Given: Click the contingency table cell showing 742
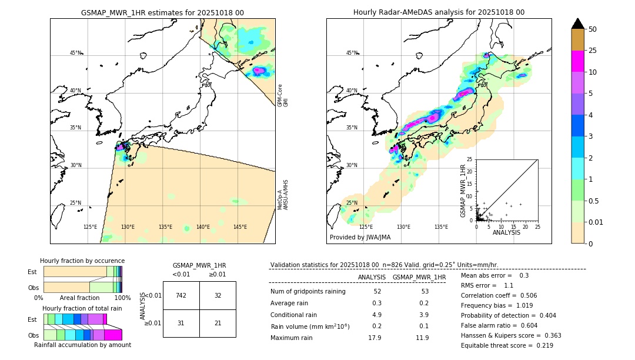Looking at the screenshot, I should pyautogui.click(x=181, y=295).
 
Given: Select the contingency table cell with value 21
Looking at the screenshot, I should pyautogui.click(x=218, y=323).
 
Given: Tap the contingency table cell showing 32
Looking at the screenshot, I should pyautogui.click(x=218, y=295).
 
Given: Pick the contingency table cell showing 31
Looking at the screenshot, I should pyautogui.click(x=181, y=323).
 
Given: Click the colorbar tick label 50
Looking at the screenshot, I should pyautogui.click(x=593, y=29).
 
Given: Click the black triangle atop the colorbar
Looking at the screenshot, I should pyautogui.click(x=578, y=24).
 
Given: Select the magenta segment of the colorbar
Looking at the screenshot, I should pyautogui.click(x=578, y=61).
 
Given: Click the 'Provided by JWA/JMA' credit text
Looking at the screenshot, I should pyautogui.click(x=360, y=237).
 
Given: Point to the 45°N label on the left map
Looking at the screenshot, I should pyautogui.click(x=75, y=53).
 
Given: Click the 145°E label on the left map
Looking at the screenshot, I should pyautogui.click(x=240, y=227).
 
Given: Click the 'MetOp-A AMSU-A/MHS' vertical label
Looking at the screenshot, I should pyautogui.click(x=283, y=195).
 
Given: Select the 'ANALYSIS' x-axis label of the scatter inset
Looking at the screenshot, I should pyautogui.click(x=506, y=233).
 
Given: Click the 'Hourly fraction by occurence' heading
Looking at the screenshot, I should pyautogui.click(x=82, y=261).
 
